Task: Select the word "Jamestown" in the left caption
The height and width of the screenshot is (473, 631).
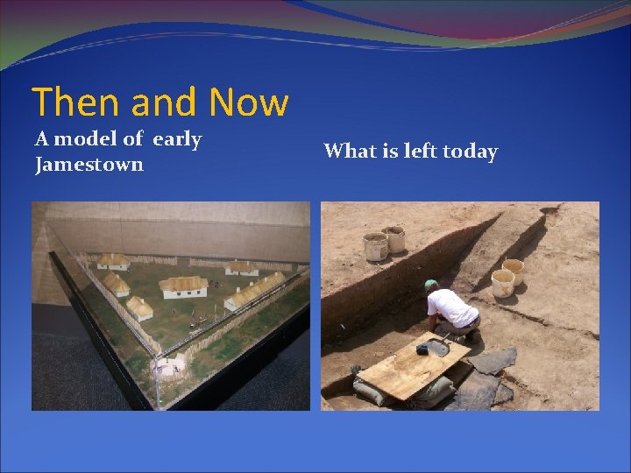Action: point(89,164)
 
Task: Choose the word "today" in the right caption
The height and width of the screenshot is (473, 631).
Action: point(469,152)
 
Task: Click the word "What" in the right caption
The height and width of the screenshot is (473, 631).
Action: point(350,152)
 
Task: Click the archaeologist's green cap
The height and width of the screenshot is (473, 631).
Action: point(430,286)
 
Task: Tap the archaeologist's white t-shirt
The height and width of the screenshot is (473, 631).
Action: point(454,308)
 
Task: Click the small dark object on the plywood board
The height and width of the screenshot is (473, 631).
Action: point(422,349)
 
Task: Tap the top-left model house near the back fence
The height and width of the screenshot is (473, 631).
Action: point(112,261)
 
